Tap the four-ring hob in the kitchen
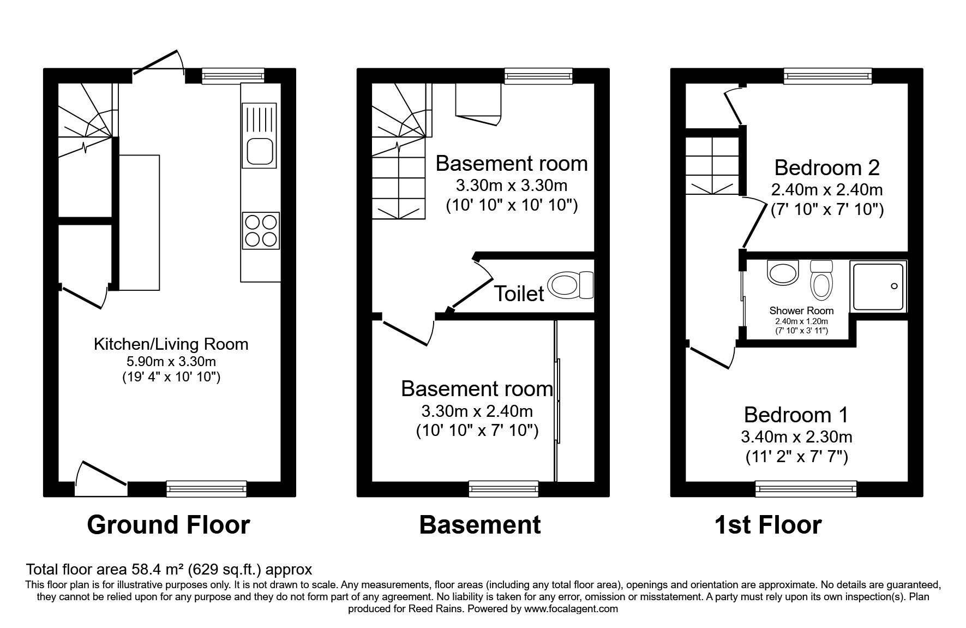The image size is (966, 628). click(x=261, y=231)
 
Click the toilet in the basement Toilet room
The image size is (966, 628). click(x=571, y=285)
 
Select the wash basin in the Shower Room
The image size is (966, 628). click(x=783, y=272)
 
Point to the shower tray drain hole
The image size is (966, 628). click(x=893, y=286)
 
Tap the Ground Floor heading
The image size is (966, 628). click(x=169, y=525)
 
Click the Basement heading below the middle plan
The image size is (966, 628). click(x=480, y=525)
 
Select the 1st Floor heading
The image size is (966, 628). click(x=768, y=525)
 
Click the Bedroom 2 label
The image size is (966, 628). click(x=827, y=168)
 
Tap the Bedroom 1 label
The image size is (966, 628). click(x=796, y=415)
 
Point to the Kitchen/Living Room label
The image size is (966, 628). click(x=171, y=344)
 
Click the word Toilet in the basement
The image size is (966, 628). click(x=519, y=294)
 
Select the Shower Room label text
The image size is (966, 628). click(x=801, y=310)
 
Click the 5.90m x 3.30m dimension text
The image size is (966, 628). click(x=171, y=361)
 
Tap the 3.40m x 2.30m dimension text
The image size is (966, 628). click(x=796, y=436)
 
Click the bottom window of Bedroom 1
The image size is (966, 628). click(x=806, y=489)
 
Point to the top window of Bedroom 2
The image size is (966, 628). click(x=828, y=76)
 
